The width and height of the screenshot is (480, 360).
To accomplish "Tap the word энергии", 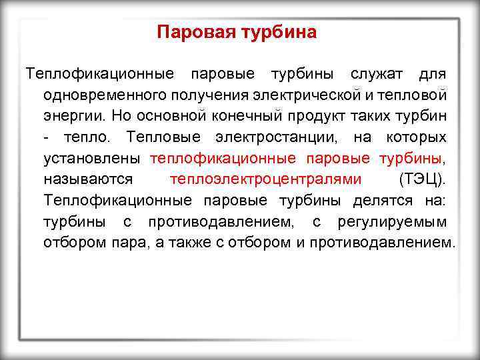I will point(73,115).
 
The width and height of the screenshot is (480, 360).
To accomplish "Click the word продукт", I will point(314,115).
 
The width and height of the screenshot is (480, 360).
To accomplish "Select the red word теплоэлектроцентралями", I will point(266,179).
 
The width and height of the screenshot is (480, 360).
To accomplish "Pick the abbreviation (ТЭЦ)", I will point(423,179).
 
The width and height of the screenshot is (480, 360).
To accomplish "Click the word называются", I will point(88,179).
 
